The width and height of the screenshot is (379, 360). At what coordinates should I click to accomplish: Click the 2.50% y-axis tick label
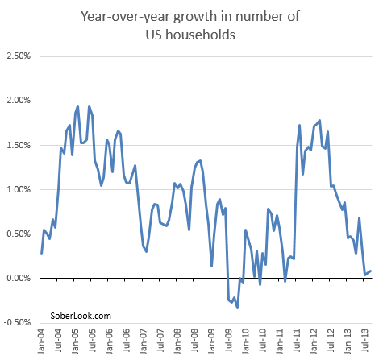coord(18,56)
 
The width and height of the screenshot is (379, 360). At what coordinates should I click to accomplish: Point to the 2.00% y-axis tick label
coord(18,101)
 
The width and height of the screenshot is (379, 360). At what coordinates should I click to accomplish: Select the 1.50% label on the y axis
coord(18,145)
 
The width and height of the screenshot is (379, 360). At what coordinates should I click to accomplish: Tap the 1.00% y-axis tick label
coord(18,189)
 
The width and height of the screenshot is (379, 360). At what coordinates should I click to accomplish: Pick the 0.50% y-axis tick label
coord(18,234)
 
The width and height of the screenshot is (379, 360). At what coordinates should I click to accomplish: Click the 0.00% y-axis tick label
coord(18,279)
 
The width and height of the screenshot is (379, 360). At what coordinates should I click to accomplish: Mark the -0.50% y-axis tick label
coord(16,323)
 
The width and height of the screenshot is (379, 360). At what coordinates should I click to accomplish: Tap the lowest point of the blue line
coord(237,308)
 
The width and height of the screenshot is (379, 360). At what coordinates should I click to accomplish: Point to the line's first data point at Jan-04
coord(41,254)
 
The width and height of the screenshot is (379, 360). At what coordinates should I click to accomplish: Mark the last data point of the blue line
coord(370,271)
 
